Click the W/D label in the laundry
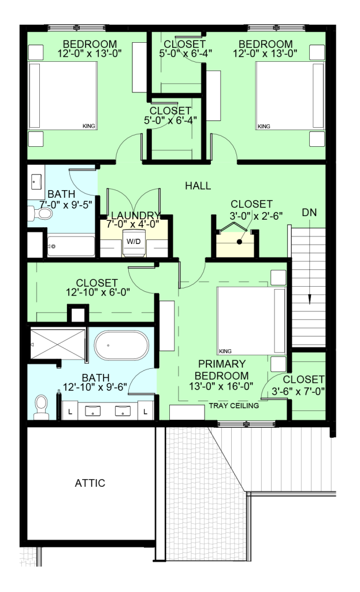tap(133, 241)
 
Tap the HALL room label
tap(198, 186)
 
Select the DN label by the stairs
tap(309, 213)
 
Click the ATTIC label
tap(90, 483)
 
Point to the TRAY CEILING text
tap(234, 405)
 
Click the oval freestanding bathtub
tap(121, 346)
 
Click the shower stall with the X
tap(58, 345)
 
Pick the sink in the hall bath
tap(36, 182)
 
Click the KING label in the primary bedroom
tap(225, 351)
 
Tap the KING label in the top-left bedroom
tap(89, 126)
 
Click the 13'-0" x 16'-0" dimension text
tap(221, 386)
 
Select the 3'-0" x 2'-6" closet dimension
tap(257, 216)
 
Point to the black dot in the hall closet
tap(239, 242)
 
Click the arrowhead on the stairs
tap(309, 299)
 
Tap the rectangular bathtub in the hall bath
tap(71, 246)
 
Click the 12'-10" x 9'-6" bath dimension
tap(95, 387)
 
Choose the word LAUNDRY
tap(136, 215)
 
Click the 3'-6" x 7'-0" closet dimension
tap(298, 391)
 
